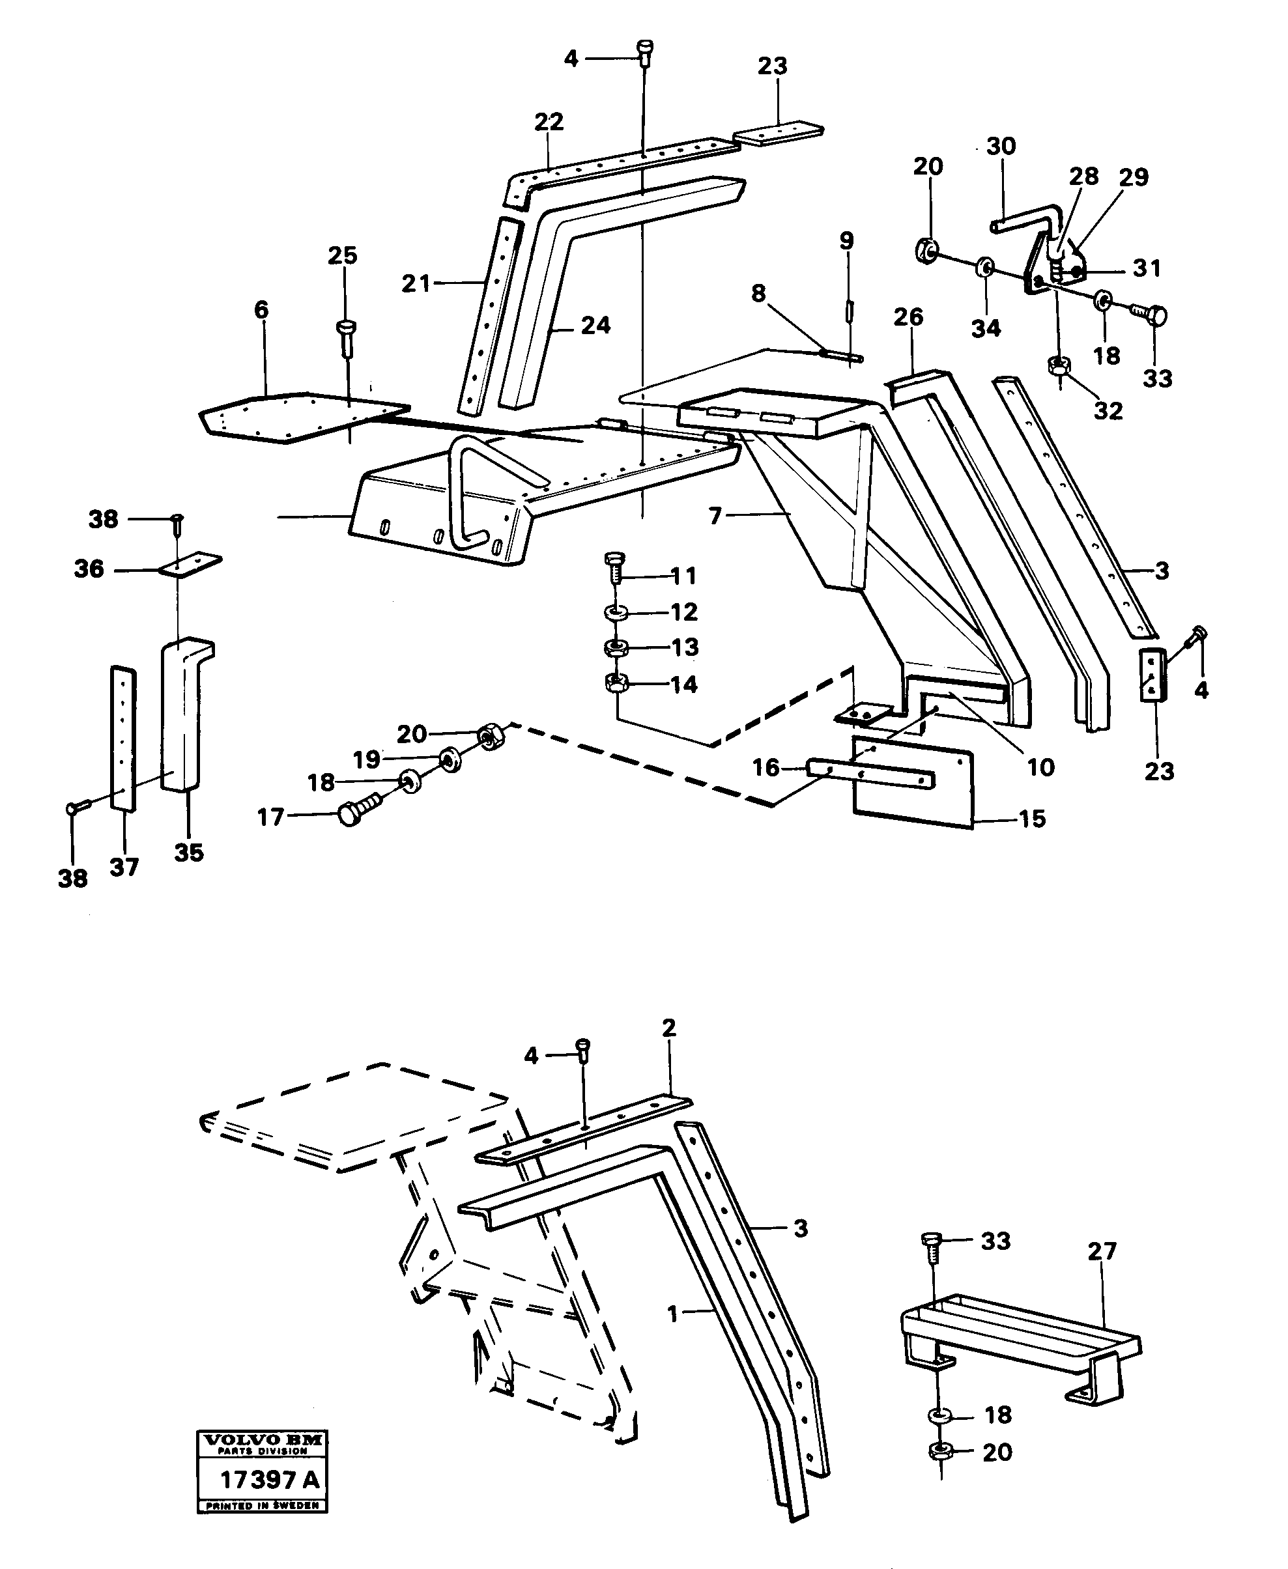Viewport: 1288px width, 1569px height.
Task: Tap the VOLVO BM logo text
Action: point(263,1440)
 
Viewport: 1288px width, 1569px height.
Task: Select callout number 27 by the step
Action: point(1102,1252)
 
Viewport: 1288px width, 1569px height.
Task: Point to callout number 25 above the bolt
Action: point(342,255)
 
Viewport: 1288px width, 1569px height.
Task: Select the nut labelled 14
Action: point(616,683)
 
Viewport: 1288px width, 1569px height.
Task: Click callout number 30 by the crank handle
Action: point(1001,146)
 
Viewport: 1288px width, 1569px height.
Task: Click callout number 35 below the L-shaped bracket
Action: point(188,853)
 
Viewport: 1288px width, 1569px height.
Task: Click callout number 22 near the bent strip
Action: point(549,122)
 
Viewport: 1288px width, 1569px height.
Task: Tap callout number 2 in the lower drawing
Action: point(668,1028)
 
